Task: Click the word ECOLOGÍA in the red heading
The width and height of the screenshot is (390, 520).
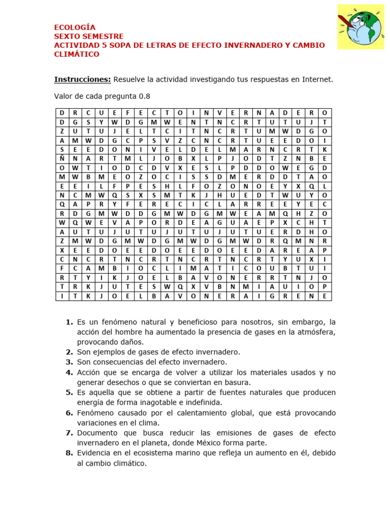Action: (x=75, y=27)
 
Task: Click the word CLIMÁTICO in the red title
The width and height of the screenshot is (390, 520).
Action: (x=77, y=54)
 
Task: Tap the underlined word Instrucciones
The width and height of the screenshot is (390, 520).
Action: (x=82, y=79)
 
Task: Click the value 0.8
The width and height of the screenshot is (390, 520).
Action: (x=144, y=96)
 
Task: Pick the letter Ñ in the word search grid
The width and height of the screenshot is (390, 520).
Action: (x=62, y=158)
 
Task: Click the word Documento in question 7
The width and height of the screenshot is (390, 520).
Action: (x=97, y=433)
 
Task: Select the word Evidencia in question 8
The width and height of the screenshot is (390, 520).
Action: (x=95, y=453)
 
